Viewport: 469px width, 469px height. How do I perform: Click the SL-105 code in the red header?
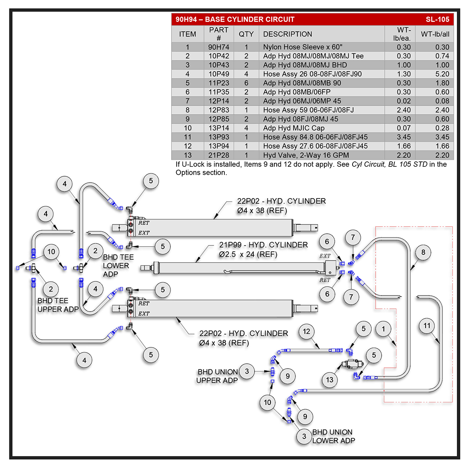coord(437,19)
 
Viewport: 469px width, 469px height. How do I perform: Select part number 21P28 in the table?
coord(218,155)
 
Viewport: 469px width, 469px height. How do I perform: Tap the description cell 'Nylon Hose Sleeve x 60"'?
coord(303,47)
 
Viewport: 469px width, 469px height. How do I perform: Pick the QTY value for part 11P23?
coord(246,83)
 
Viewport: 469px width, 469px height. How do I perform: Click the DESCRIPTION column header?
coord(287,34)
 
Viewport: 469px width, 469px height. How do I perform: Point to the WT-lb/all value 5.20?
coord(442,74)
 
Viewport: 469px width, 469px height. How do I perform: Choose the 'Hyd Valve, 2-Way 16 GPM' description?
coord(306,155)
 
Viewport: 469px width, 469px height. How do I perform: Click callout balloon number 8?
coord(423,252)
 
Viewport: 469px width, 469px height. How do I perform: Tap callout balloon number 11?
coord(427,326)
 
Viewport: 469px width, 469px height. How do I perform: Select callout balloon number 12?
coord(306,331)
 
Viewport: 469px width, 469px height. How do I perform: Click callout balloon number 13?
coord(329,380)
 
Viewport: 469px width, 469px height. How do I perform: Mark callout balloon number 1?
coord(383,329)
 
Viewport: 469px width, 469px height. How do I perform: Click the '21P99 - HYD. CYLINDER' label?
coord(263,245)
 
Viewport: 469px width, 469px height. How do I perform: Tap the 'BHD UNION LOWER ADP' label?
coord(333,436)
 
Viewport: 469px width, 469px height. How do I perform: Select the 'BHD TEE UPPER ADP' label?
coord(57,305)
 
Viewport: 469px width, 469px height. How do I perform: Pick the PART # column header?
coord(218,34)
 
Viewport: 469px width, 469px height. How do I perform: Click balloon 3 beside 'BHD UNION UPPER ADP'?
coord(247,371)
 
